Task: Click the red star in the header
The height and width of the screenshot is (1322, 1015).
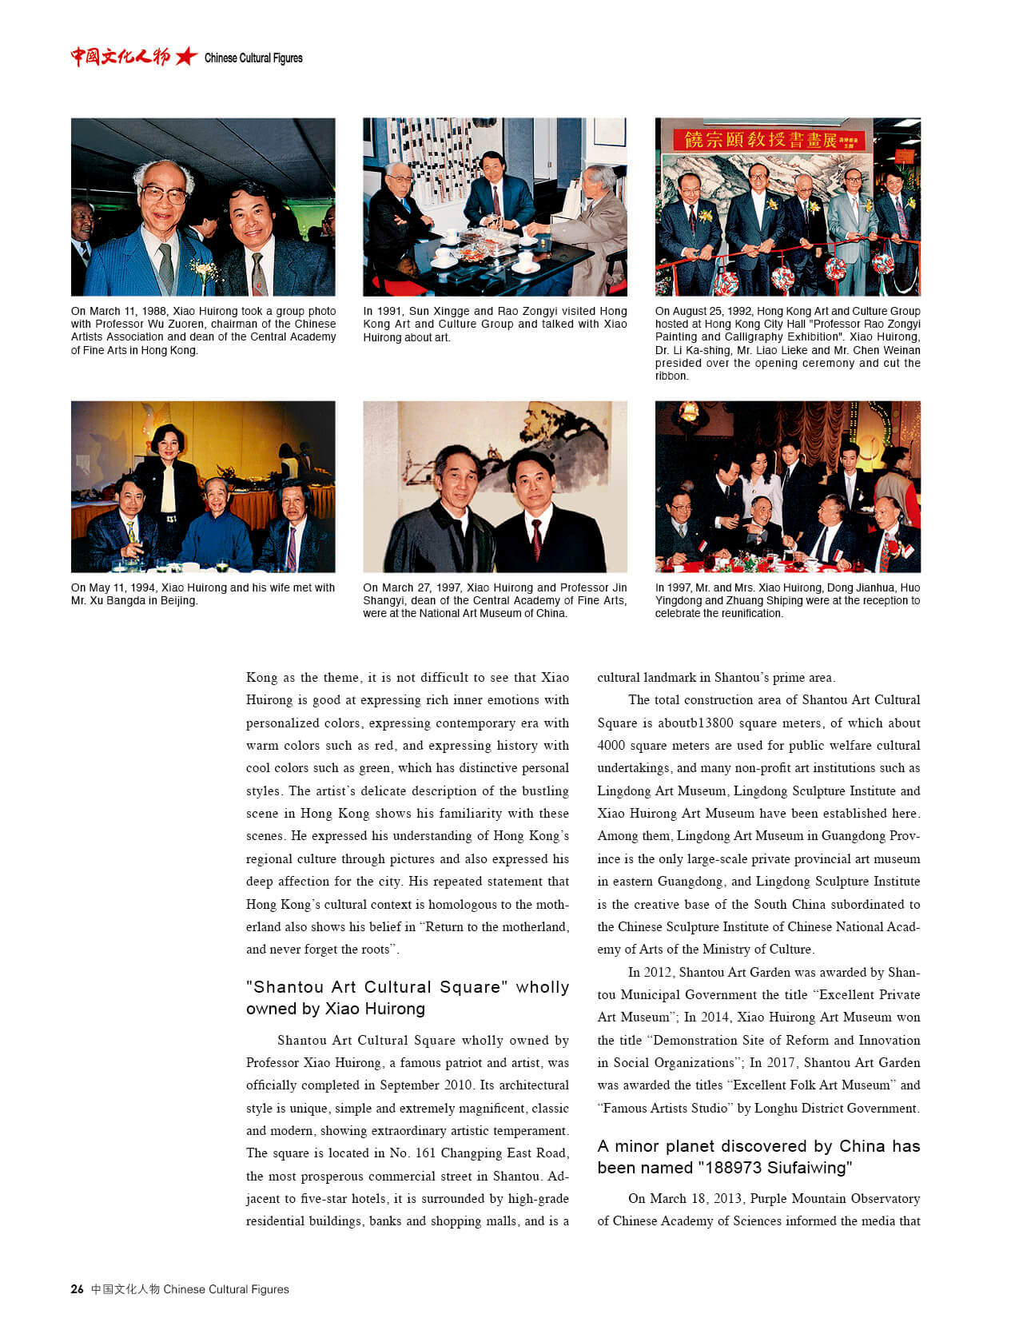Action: coord(186,56)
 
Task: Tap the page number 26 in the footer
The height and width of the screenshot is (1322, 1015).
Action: coord(77,1288)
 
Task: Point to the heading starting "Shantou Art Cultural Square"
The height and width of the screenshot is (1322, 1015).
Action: coord(407,997)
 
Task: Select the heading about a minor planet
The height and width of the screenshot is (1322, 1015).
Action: coord(758,1157)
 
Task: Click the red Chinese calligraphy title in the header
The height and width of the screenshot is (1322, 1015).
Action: coord(120,56)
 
